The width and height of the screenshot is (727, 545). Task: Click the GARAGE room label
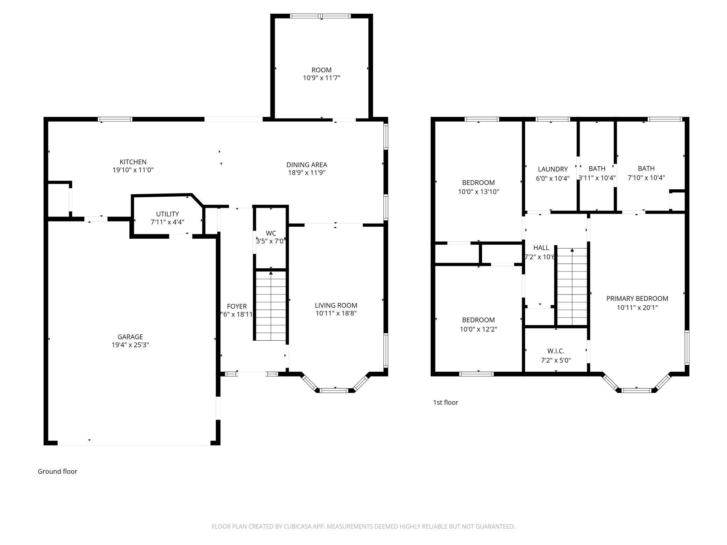130,337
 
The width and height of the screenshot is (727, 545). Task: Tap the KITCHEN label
133,162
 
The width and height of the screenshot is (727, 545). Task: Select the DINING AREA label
307,165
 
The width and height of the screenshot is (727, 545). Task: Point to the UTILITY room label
167,214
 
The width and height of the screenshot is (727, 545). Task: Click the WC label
271,233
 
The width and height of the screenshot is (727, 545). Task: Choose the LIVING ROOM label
336,305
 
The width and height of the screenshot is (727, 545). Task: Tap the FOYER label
237,306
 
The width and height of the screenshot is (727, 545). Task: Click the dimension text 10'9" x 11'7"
322,78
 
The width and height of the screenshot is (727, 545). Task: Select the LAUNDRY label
553,169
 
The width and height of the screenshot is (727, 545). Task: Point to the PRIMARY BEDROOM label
637,298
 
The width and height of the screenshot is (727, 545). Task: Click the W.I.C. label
556,351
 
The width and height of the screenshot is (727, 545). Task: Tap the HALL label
541,248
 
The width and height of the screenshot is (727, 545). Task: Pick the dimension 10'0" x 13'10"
478,191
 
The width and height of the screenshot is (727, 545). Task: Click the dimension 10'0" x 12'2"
478,329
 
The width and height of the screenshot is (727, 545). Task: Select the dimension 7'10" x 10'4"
646,177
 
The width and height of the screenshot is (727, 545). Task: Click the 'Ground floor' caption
57,471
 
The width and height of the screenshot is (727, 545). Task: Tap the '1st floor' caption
446,402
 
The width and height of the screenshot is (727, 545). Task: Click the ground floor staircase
271,306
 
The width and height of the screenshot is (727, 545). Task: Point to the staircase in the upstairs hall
572,286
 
